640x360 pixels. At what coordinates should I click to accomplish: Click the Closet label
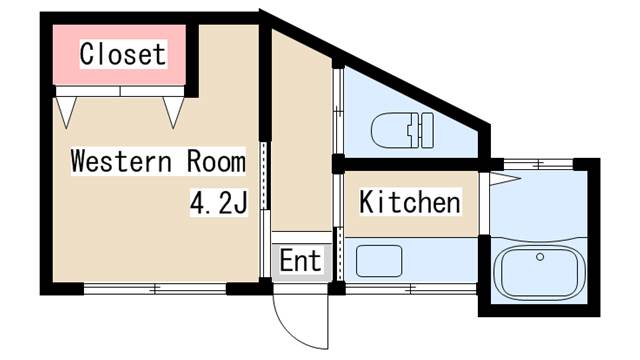[123, 54]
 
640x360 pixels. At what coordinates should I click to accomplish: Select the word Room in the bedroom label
[216, 161]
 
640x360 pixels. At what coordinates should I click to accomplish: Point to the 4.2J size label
[219, 202]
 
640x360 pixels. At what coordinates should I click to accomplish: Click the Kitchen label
[410, 201]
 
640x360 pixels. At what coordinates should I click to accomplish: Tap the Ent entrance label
[301, 260]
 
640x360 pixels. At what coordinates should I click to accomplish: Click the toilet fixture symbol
[402, 130]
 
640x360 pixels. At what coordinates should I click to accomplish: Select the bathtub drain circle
[540, 257]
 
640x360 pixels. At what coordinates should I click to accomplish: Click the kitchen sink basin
[379, 261]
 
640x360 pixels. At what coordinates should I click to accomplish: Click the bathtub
[540, 271]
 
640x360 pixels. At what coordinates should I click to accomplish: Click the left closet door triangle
[66, 110]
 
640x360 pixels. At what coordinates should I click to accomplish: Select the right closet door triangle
[173, 110]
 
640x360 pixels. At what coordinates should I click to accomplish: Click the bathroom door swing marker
[505, 179]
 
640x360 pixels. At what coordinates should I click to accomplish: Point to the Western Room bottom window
[155, 289]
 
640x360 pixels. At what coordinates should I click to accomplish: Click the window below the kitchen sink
[411, 289]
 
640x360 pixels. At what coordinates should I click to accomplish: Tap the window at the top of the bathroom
[538, 164]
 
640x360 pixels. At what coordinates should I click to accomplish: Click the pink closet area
[119, 55]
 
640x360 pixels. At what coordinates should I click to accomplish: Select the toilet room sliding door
[338, 110]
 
